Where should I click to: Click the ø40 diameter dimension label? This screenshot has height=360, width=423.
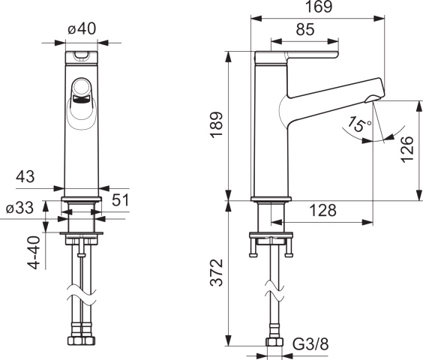click(x=81, y=28)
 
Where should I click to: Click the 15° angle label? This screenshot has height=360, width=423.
click(x=359, y=124)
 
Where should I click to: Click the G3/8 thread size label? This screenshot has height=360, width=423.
click(x=309, y=344)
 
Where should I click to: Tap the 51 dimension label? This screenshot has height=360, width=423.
click(x=120, y=199)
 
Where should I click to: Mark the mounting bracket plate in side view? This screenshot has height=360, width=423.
click(x=271, y=240)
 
